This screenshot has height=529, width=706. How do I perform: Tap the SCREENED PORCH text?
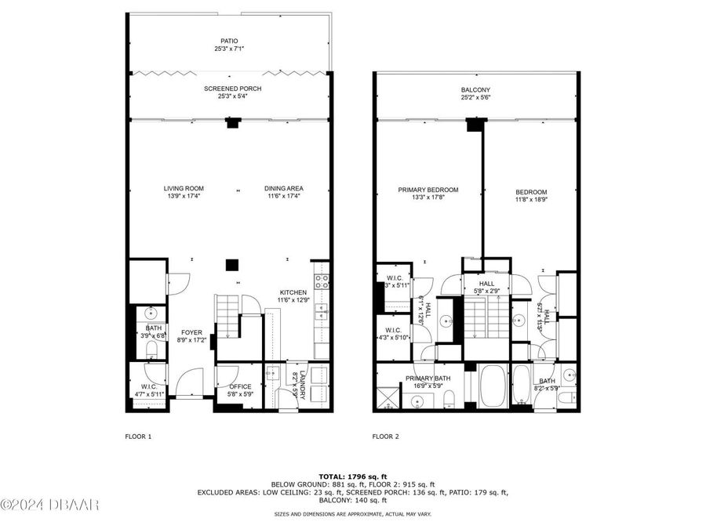coord(232,89)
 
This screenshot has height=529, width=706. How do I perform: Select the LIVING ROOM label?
coord(184,188)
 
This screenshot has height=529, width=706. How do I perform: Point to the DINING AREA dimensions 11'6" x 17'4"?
coord(283,196)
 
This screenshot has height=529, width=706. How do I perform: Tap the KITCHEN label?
coord(293,293)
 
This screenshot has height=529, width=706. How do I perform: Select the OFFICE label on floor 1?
coord(240,386)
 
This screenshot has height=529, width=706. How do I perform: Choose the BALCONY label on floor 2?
coord(475,91)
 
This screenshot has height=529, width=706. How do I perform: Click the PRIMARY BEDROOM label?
coord(428,190)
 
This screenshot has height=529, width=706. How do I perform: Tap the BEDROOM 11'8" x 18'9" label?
coord(531,192)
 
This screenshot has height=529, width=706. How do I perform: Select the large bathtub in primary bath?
coord(492,386)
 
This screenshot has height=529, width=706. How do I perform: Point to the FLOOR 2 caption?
coord(385,436)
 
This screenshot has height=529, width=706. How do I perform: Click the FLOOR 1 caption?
coord(138,436)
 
